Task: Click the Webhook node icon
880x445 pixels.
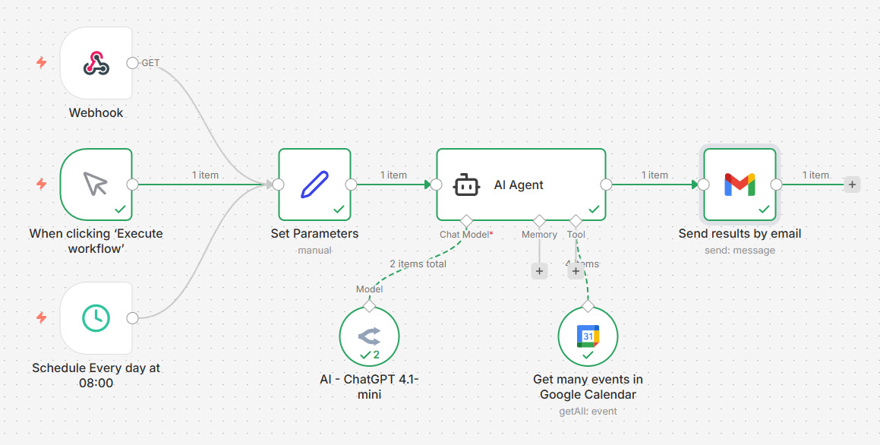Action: tap(96, 64)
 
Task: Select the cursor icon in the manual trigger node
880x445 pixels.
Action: tap(96, 184)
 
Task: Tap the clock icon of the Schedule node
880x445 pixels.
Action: tap(96, 318)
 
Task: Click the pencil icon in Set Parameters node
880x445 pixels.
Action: tap(314, 184)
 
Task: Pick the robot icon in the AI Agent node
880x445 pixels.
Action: tap(466, 185)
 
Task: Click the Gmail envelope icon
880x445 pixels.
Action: tap(740, 184)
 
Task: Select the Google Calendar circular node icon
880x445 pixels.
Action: tap(588, 336)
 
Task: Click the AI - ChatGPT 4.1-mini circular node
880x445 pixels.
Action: tap(369, 336)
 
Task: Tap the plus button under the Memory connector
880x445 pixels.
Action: tap(539, 271)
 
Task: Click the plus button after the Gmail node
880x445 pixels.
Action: tap(852, 184)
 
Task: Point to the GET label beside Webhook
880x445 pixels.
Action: tap(150, 63)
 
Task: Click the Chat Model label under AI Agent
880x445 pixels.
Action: tap(464, 235)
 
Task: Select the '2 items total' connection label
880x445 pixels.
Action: tap(418, 264)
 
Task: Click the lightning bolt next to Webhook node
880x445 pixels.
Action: tap(42, 62)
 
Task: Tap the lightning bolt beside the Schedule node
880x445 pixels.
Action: tap(42, 317)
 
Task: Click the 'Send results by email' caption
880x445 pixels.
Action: tap(740, 234)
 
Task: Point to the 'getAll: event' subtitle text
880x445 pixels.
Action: tap(588, 412)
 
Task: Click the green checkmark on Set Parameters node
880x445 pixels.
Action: tap(339, 209)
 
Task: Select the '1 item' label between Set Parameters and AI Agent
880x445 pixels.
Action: tap(393, 175)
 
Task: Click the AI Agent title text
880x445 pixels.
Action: tap(519, 185)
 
